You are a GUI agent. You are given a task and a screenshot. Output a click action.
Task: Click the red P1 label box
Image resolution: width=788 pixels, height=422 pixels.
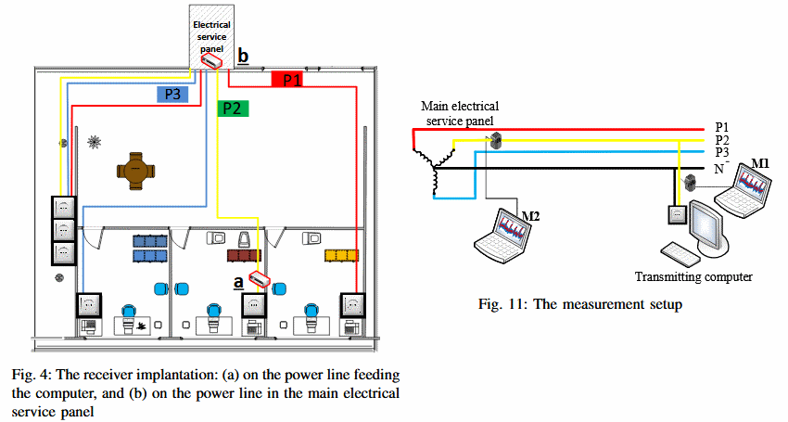point(292,81)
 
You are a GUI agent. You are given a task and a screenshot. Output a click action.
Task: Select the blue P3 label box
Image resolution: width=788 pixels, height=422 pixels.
point(172,94)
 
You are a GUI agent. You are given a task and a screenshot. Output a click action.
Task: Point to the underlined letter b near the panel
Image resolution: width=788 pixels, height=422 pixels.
point(243,57)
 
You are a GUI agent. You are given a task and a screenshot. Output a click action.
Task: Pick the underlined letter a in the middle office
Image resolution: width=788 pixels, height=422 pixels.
point(238,280)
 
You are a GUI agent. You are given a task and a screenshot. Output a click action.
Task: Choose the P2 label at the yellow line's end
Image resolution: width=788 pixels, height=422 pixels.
point(722,140)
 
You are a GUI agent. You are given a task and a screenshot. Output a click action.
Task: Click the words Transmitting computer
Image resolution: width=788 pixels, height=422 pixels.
point(693,276)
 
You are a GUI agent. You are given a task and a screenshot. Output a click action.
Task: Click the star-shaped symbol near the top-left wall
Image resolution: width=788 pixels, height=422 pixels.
point(93,142)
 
